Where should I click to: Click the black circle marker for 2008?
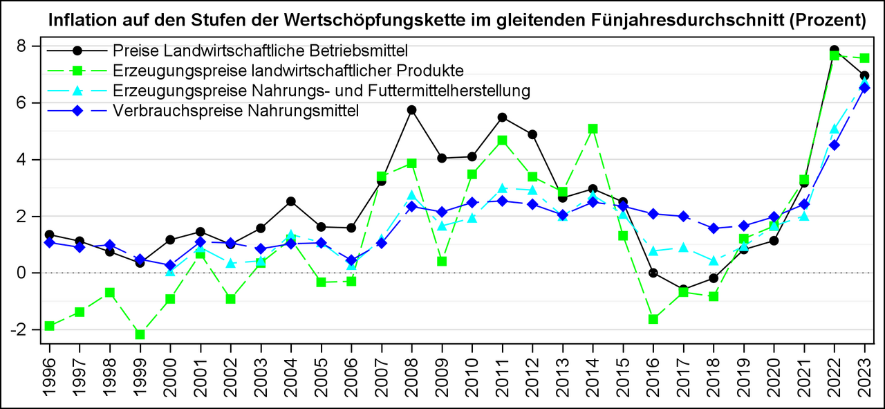point(411,110)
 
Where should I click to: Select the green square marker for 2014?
point(593,129)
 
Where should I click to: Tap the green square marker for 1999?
point(140,334)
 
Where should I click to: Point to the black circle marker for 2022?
point(834,51)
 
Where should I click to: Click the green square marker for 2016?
point(653,319)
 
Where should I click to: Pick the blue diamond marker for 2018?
point(714,228)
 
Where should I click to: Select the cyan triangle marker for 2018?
point(714,260)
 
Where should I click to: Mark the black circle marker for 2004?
point(291,201)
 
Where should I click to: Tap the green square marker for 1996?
point(49,326)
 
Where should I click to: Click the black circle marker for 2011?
point(502,118)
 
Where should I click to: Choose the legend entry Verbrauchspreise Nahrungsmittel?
point(235,111)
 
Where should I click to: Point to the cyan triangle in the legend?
point(78,91)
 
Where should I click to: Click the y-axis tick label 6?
point(31,102)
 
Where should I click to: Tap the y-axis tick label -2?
point(27,330)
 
